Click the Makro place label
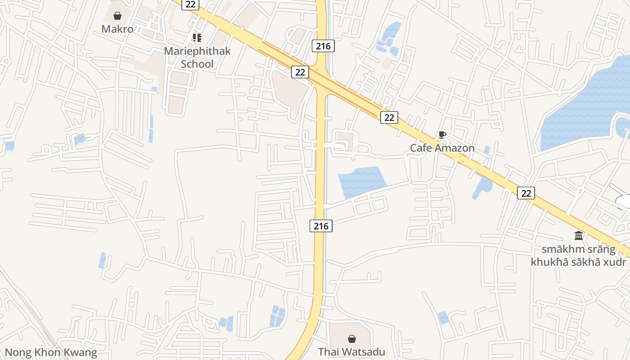(117, 29)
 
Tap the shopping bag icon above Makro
(117, 16)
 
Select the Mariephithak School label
(197, 57)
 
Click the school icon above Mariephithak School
(197, 37)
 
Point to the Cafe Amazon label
(442, 148)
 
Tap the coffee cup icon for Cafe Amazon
(442, 135)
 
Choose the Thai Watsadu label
(351, 351)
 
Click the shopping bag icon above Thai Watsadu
(352, 338)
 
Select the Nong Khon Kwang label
(51, 352)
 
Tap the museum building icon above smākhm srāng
(579, 235)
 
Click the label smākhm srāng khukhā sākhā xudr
(579, 256)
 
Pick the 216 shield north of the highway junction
(323, 45)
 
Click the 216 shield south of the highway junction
(321, 226)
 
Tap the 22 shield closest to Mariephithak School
(190, 4)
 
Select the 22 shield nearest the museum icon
(526, 193)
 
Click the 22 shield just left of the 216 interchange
(300, 72)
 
